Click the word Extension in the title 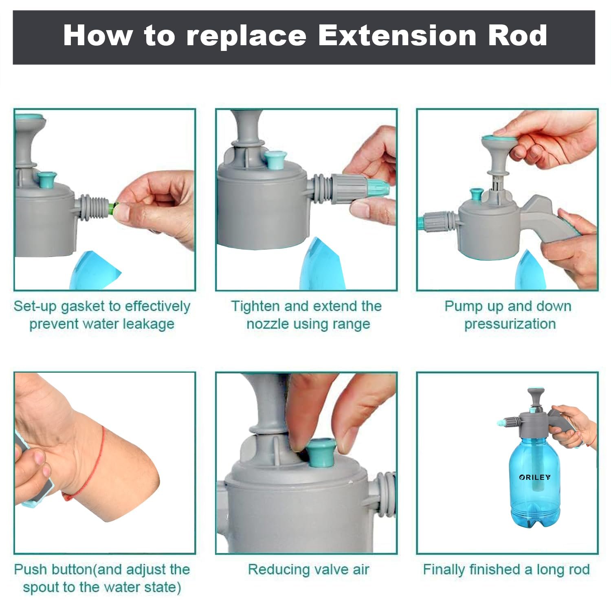tap(398, 35)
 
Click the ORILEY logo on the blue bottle tap(534, 477)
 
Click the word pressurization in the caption tap(510, 324)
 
